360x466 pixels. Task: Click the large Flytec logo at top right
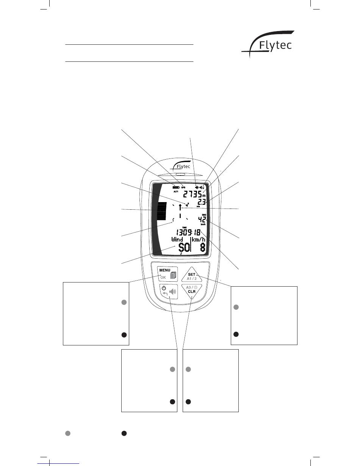click(x=268, y=47)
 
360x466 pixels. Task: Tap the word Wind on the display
click(x=177, y=240)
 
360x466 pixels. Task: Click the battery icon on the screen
click(x=175, y=187)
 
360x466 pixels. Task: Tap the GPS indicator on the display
click(x=183, y=187)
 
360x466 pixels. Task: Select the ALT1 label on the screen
click(x=175, y=192)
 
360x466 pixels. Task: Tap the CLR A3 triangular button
click(x=192, y=292)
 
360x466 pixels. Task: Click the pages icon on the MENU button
click(x=173, y=275)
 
